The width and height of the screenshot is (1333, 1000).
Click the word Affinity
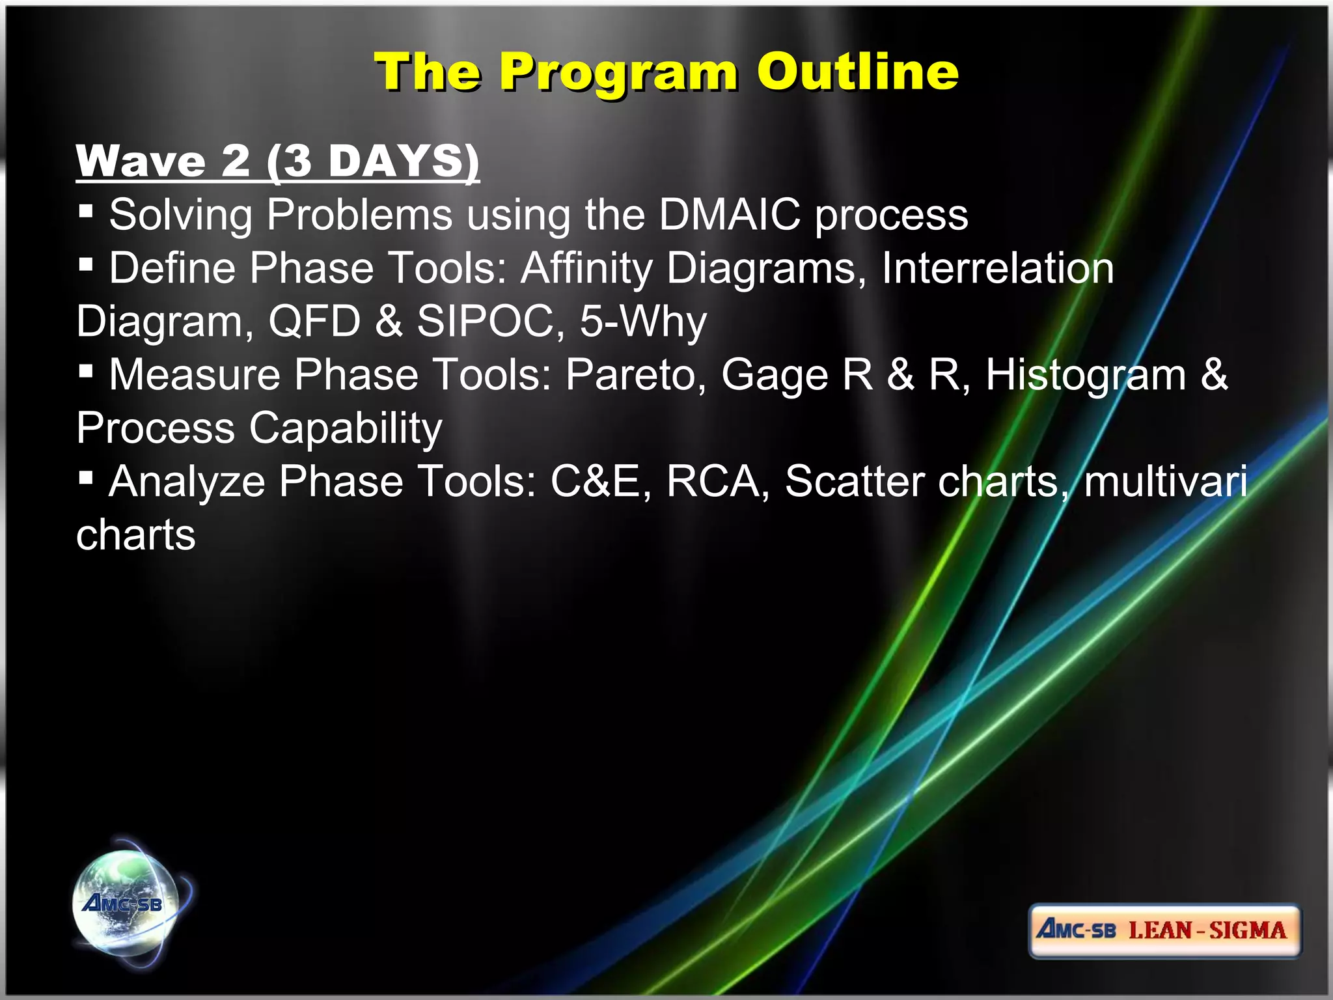pos(586,268)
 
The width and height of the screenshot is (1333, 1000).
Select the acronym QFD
pos(314,321)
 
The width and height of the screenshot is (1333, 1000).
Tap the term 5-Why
pos(643,321)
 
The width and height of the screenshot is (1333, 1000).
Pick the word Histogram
pos(1086,375)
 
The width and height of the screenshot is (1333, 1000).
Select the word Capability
pos(346,428)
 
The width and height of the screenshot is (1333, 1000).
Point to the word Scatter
pos(854,482)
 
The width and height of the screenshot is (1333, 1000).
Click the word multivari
pos(1166,482)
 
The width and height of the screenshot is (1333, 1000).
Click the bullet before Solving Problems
pos(85,211)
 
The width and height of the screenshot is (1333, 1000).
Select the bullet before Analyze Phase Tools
pos(85,479)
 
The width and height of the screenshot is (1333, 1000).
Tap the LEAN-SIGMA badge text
pos(1207,930)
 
